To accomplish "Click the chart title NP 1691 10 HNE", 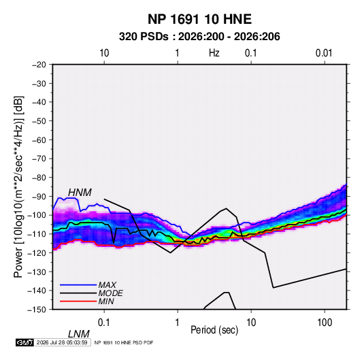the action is (x=199, y=19).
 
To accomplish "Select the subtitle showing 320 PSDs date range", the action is (x=199, y=37).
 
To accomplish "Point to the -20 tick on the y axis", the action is (x=39, y=65).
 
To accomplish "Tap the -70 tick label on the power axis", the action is (x=39, y=159).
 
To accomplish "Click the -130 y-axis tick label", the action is (x=37, y=272).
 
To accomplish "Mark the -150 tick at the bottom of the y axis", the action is (x=37, y=310).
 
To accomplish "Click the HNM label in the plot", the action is (x=80, y=193).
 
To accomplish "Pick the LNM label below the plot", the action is (x=79, y=334).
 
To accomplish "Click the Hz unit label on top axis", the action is (x=214, y=53).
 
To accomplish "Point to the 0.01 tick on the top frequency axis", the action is (x=324, y=53).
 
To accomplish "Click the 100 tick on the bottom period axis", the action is (x=325, y=323).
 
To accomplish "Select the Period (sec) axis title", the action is (x=214, y=330).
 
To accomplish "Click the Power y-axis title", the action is (x=18, y=186).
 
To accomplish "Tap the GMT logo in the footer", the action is (x=25, y=342).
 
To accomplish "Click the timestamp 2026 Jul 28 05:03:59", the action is (x=62, y=342).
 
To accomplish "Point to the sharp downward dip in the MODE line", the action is (x=114, y=243).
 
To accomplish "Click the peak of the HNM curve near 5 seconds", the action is (x=226, y=208).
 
